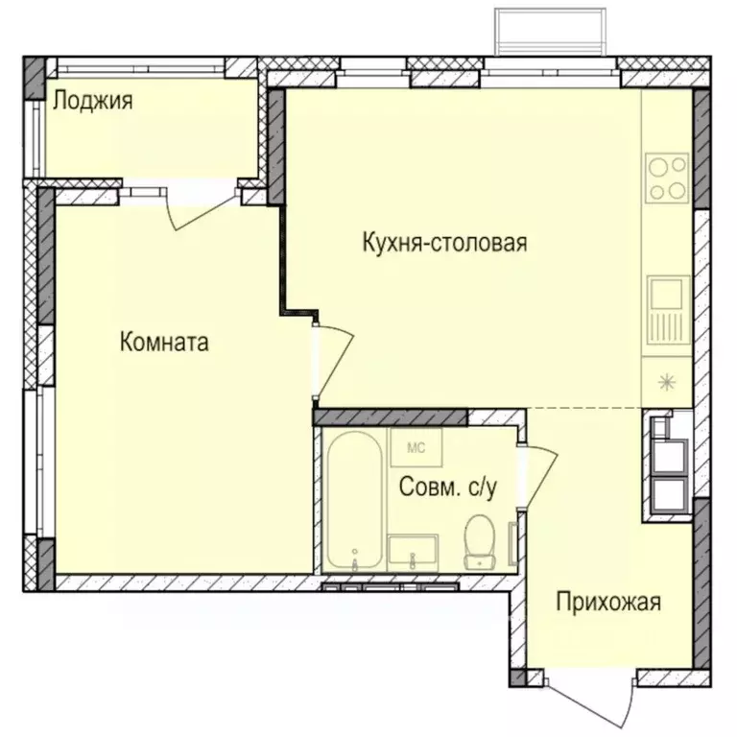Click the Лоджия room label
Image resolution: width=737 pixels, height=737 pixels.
[92, 100]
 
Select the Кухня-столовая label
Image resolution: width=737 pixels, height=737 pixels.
[444, 242]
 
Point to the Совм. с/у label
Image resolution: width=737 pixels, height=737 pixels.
[447, 487]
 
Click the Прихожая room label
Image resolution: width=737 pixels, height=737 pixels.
[608, 602]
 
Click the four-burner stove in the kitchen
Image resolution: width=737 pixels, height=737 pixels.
[667, 178]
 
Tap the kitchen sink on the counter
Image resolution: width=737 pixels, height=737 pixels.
[667, 309]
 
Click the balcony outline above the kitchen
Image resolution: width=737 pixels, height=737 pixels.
[550, 33]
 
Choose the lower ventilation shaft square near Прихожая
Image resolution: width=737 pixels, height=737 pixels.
[669, 491]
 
